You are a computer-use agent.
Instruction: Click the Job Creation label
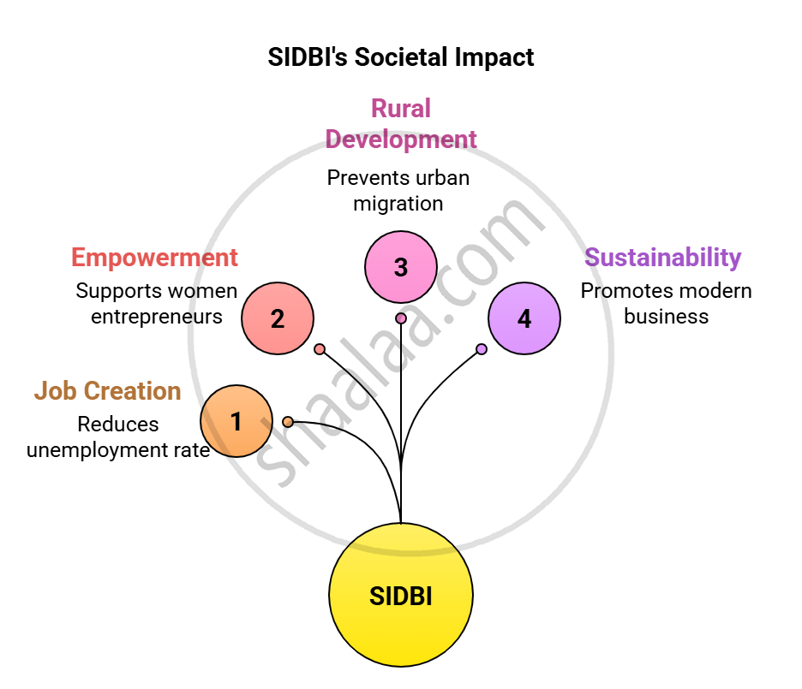(108, 391)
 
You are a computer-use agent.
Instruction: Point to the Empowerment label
(154, 258)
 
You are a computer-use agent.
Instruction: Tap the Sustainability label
(662, 258)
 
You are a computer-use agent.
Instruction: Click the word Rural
(400, 109)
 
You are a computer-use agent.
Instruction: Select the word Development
(400, 140)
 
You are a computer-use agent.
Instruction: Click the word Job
(56, 391)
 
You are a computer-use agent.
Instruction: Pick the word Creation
(132, 391)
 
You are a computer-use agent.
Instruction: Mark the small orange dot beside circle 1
(288, 422)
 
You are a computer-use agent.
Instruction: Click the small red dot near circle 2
(320, 349)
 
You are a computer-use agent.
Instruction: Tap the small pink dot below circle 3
(401, 318)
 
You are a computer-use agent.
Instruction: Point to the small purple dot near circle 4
(482, 349)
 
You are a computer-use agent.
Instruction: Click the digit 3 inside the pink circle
(401, 268)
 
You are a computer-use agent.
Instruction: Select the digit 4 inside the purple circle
(524, 319)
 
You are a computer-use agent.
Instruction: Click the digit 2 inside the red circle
(278, 319)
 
